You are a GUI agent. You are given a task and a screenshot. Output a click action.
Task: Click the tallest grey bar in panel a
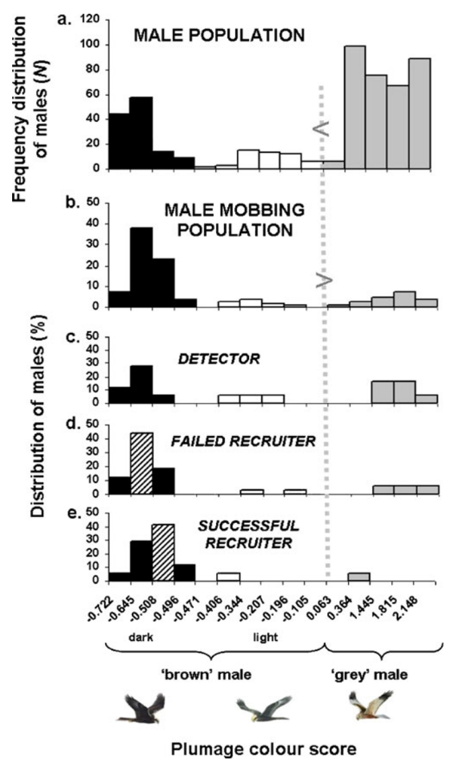click(355, 107)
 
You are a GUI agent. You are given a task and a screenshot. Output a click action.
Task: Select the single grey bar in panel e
click(359, 576)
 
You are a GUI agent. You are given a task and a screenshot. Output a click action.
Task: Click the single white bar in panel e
click(228, 577)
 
